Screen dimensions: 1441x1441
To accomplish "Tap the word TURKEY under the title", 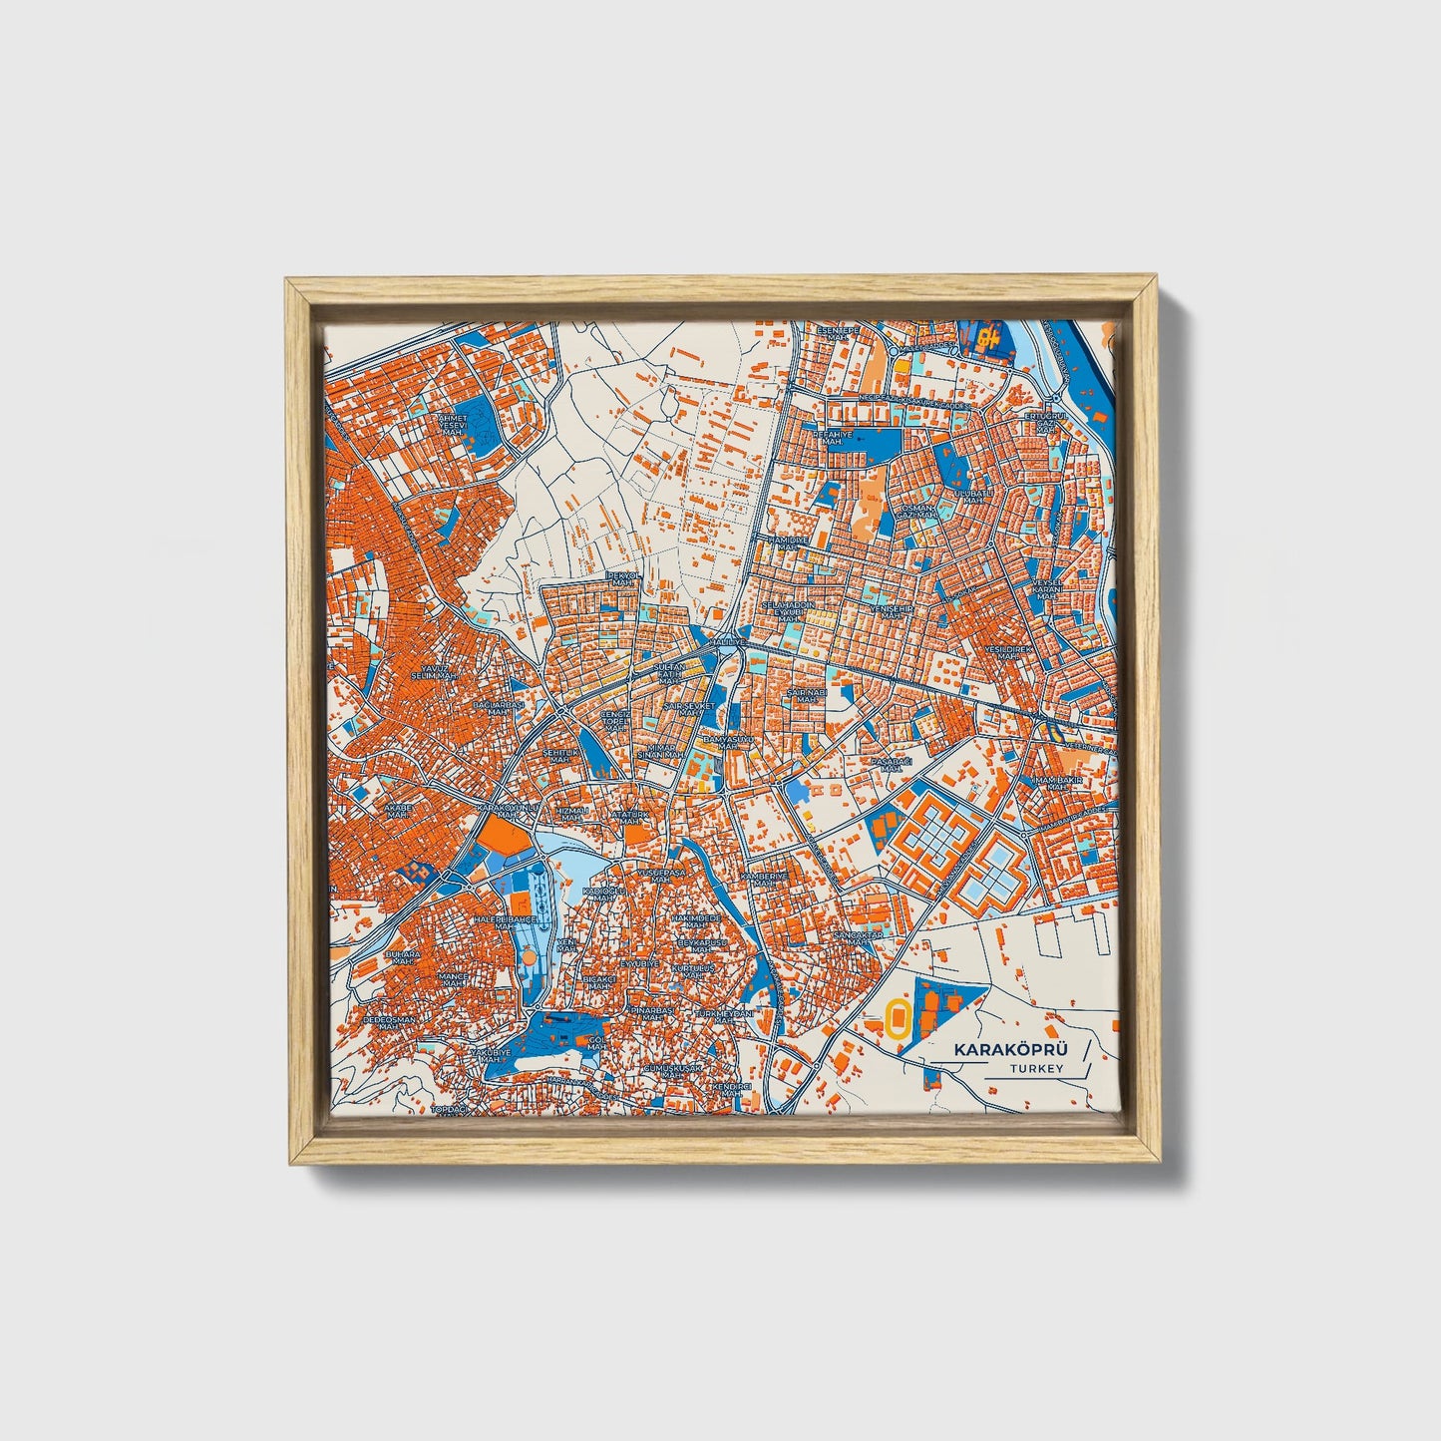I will pyautogui.click(x=1036, y=1069).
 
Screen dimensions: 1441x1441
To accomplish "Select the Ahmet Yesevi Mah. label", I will pyautogui.click(x=453, y=425).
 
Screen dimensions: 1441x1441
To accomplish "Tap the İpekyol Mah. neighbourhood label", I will pyautogui.click(x=624, y=581).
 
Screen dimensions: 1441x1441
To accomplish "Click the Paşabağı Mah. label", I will pyautogui.click(x=886, y=765).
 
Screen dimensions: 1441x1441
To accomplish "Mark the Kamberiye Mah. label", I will pyautogui.click(x=764, y=880).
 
